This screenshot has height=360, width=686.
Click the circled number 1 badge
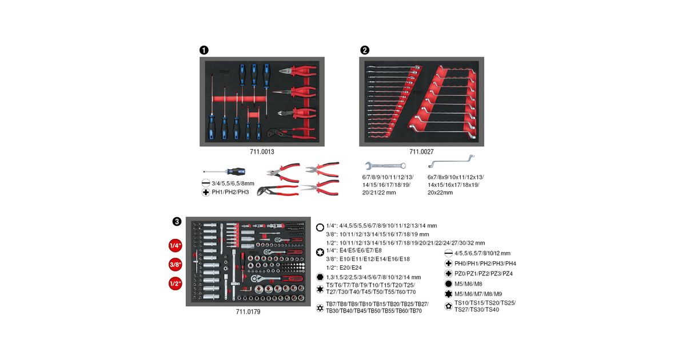pos(204,50)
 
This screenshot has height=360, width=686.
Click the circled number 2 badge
pos(365,50)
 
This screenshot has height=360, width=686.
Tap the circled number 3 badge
pos(177,221)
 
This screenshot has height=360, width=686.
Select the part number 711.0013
pos(262,151)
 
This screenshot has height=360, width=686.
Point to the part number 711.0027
pos(421,151)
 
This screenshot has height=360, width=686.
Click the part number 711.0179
pos(248,311)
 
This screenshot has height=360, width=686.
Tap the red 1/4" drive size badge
pos(175,246)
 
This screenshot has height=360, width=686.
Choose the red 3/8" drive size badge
pos(175,265)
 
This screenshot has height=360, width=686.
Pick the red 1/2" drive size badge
pos(175,283)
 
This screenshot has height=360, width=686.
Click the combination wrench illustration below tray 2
pos(385,166)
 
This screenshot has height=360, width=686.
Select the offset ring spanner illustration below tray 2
pos(451,161)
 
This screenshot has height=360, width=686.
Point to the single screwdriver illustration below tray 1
pos(224,171)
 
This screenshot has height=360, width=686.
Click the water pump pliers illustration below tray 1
pos(278,190)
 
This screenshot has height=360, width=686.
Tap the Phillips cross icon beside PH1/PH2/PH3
pos(206,192)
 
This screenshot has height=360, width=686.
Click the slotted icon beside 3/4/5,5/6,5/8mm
pos(206,183)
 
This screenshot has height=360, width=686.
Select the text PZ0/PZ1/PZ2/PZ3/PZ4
pos(483,273)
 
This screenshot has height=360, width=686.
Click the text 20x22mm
pos(440,193)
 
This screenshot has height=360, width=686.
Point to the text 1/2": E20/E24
pos(344,267)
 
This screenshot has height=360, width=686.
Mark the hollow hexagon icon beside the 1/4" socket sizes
pos(320,227)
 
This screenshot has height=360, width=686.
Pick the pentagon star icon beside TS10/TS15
pos(448,306)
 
